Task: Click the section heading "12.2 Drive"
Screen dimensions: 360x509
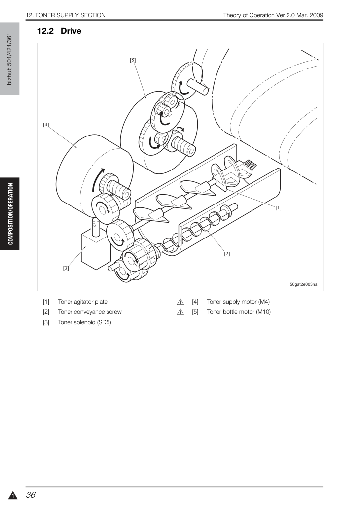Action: pos(59,31)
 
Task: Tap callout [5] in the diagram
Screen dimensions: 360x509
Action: pos(133,60)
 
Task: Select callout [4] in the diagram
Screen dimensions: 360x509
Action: pos(46,125)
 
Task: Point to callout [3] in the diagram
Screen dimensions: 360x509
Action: pos(66,268)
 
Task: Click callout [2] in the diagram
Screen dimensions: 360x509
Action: pos(227,254)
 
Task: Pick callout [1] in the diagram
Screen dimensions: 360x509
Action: pos(279,208)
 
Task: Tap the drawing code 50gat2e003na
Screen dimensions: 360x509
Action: pos(304,284)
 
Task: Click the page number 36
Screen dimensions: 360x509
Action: pos(31,495)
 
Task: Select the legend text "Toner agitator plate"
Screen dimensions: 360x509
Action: pos(82,302)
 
